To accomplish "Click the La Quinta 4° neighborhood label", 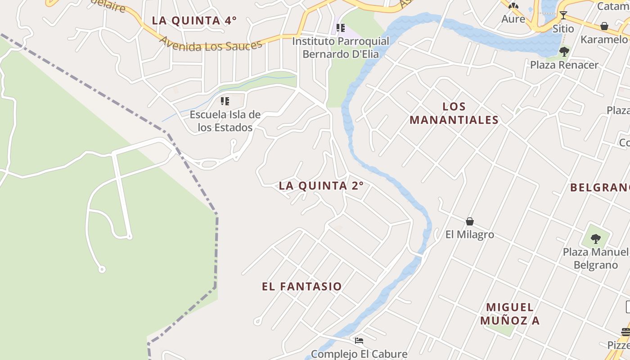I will (194, 20).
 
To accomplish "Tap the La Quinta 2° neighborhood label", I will (321, 185).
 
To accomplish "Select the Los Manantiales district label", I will (454, 113).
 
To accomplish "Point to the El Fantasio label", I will (302, 286).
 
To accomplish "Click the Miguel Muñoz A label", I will (510, 314).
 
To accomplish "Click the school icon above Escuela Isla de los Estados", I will (225, 101).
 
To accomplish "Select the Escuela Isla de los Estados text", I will (225, 121).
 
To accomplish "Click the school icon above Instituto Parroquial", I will (341, 28).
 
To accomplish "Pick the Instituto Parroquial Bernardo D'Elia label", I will (341, 48).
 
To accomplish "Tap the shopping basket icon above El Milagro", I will (470, 221).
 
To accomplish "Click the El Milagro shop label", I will (470, 234).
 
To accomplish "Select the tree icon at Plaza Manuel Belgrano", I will (596, 238).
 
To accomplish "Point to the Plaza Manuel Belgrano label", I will (596, 258).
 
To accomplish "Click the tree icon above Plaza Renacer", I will (564, 51).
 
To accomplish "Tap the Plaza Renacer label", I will (564, 65).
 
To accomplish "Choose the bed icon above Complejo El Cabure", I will (359, 341).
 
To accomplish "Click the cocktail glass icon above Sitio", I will (563, 15).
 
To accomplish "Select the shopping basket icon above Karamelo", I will (604, 26).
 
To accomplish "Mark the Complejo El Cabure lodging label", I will (359, 354).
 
